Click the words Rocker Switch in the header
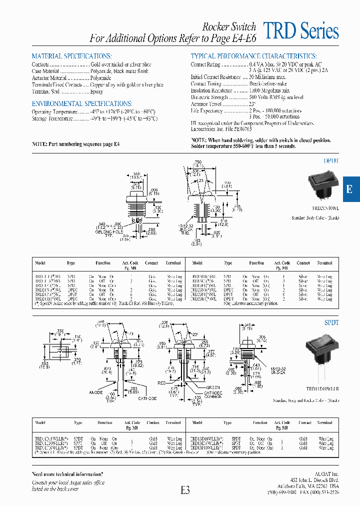pyautogui.click(x=229, y=27)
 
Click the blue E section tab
pyautogui.click(x=350, y=189)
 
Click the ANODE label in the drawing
pyautogui.click(x=96, y=392)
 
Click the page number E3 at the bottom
pyautogui.click(x=185, y=491)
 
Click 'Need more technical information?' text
pyautogui.click(x=67, y=473)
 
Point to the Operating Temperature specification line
pyautogui.click(x=94, y=112)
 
